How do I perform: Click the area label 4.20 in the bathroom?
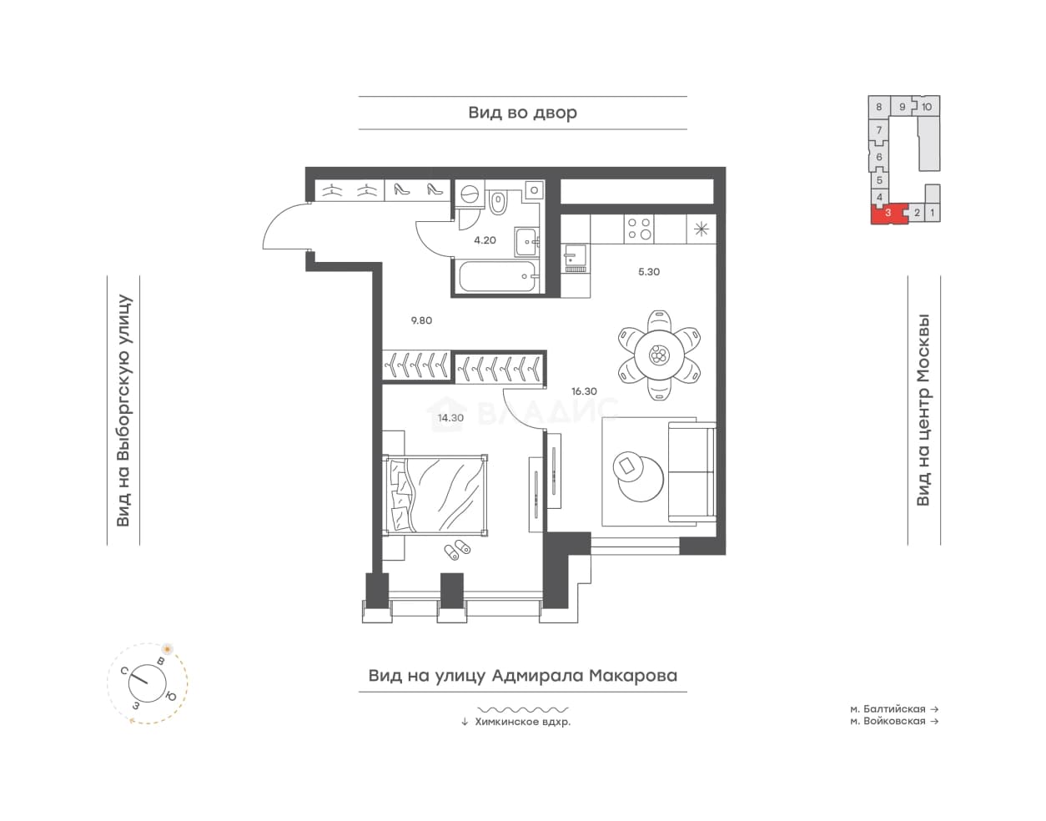[485, 239]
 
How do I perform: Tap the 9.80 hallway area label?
[421, 320]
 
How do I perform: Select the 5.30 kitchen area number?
[648, 271]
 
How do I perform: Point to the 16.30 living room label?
[584, 391]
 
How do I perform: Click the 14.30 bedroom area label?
[450, 417]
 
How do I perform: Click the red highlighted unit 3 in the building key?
[888, 214]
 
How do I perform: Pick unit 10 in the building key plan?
[927, 107]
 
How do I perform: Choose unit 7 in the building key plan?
[879, 130]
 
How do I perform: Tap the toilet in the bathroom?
[498, 203]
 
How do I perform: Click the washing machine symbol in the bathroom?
[468, 194]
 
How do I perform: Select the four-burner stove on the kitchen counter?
[639, 229]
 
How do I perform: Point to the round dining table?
[658, 355]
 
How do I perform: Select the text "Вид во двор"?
[522, 113]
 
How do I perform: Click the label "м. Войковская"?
[888, 721]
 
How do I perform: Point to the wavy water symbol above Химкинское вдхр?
[522, 709]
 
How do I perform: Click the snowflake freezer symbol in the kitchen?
[702, 229]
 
